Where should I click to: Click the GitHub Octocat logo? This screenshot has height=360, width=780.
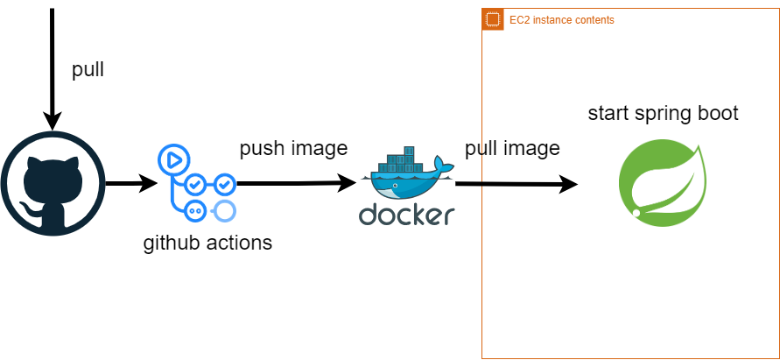point(53,183)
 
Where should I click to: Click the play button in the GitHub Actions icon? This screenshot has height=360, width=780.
point(173,159)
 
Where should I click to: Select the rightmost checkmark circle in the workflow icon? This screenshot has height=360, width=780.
point(224,184)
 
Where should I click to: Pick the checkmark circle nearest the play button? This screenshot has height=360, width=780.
point(195,184)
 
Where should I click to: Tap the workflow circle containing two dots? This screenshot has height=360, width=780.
point(195,210)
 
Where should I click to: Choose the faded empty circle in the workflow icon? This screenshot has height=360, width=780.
point(224,210)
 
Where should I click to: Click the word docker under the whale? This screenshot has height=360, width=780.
point(406,215)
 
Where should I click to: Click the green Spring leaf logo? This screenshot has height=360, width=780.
point(663,182)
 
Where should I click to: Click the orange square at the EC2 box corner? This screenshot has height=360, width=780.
point(493,19)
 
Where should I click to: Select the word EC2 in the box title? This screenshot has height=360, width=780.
point(519,20)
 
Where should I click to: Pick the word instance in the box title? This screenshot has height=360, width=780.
point(551,20)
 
